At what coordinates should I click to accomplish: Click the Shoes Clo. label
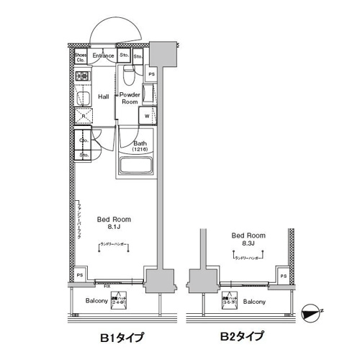[81, 57]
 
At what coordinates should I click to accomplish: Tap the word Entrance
[103, 55]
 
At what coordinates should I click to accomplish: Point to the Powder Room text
[130, 98]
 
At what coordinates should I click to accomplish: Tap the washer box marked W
[148, 116]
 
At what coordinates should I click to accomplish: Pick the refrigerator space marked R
[84, 115]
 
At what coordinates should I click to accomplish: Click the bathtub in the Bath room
[135, 166]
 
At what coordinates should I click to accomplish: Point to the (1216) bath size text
[140, 149]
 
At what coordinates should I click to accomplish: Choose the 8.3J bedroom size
[248, 244]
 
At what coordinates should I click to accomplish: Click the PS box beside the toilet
[151, 74]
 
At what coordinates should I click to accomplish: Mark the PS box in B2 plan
[283, 276]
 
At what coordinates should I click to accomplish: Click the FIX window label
[107, 287]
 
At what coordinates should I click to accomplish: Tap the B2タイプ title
[243, 336]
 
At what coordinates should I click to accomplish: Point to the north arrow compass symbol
[312, 313]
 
